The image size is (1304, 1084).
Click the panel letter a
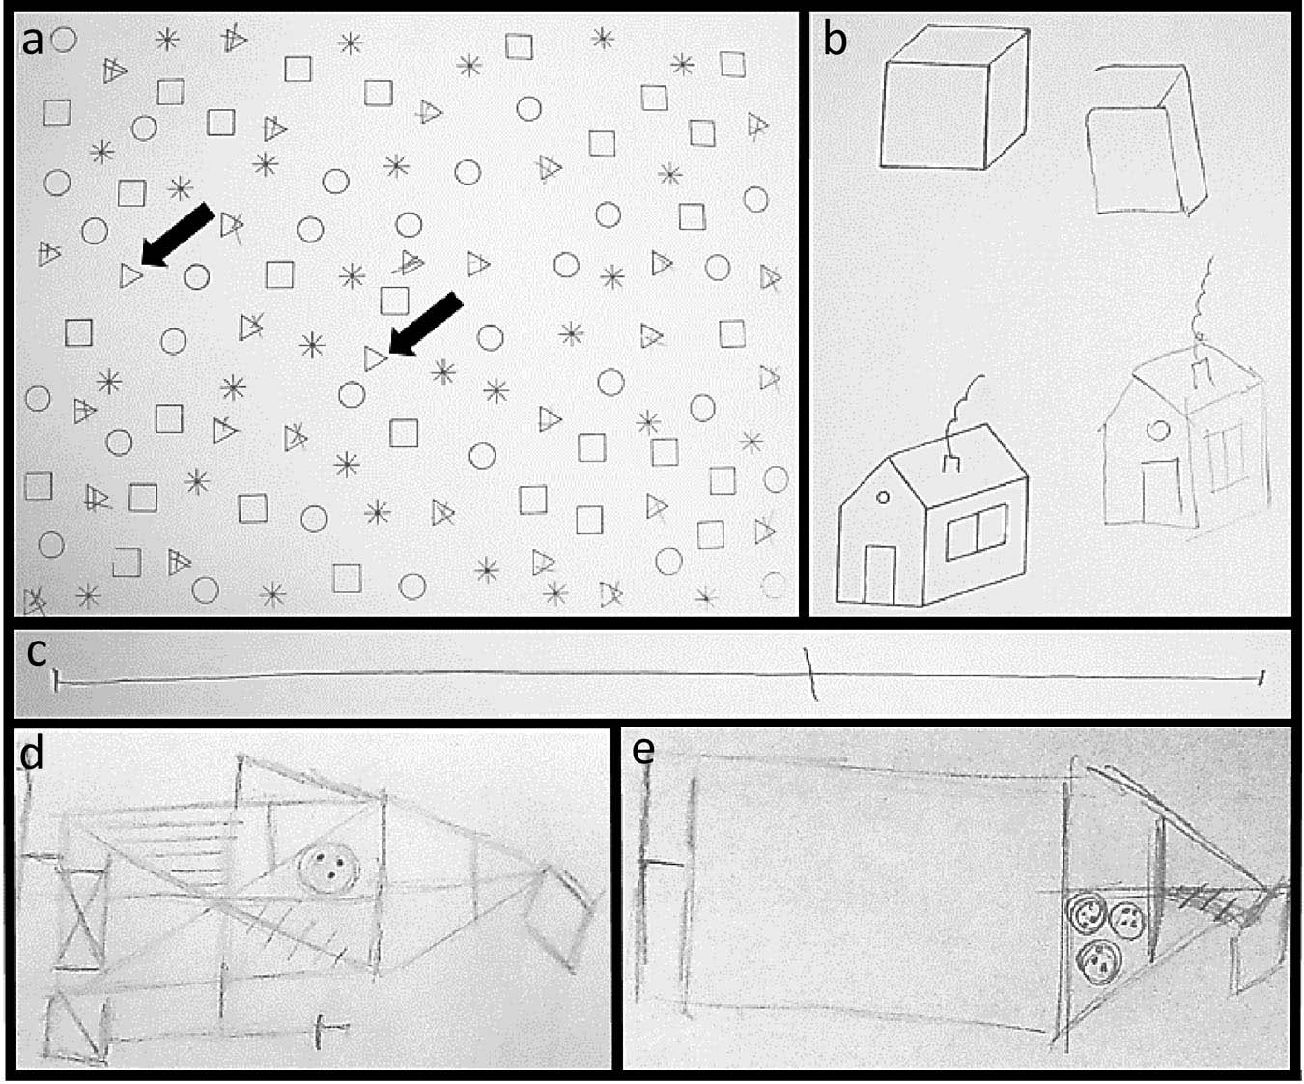click(x=33, y=42)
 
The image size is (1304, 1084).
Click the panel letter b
click(x=835, y=40)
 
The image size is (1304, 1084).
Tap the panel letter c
click(x=37, y=653)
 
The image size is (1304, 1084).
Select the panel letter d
click(x=32, y=755)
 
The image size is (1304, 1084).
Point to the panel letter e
click(x=643, y=751)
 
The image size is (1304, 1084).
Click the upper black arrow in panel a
click(x=178, y=236)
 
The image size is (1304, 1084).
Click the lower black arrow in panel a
click(x=425, y=324)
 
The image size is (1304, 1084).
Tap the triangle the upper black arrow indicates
click(x=130, y=275)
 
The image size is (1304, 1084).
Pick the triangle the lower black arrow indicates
click(x=375, y=358)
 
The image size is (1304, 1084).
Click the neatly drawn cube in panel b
click(x=953, y=98)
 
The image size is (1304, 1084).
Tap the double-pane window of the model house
click(x=977, y=532)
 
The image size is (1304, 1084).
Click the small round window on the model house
click(x=883, y=498)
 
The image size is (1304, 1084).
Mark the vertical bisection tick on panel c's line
click(x=810, y=674)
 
